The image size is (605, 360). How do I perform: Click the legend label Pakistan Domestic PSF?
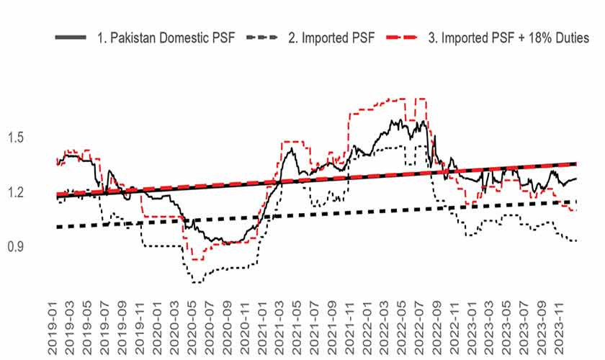pos(166,38)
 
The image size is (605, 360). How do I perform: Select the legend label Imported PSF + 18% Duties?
pos(508,38)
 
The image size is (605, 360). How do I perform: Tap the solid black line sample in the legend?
pos(71,37)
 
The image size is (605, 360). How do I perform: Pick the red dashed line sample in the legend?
pos(402,37)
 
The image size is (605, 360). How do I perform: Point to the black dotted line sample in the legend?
pos(262,37)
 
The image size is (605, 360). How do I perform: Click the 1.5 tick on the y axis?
pos(16,138)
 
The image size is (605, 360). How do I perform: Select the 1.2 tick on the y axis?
pos(16,192)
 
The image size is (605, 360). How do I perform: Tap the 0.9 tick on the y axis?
pos(16,246)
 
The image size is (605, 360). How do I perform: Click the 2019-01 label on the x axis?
pos(53,328)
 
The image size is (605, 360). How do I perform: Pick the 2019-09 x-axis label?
pos(122,328)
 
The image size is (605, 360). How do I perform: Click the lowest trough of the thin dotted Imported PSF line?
pos(197,283)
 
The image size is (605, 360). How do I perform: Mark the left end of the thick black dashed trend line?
pos(58,227)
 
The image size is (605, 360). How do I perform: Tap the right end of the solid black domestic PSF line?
pos(576,179)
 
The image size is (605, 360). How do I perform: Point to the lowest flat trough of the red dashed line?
pos(197,260)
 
